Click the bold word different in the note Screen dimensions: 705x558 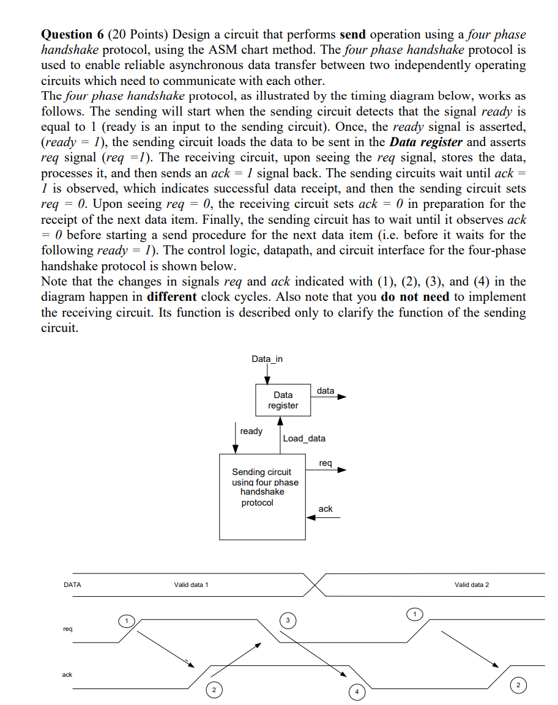point(172,297)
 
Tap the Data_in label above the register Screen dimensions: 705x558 point(267,359)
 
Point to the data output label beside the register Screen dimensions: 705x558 point(325,391)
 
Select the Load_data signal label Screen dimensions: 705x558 point(304,438)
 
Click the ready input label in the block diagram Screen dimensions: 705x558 point(251,431)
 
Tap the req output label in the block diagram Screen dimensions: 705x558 point(325,463)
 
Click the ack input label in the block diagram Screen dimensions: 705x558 point(325,509)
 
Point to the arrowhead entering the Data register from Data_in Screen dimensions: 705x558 point(267,381)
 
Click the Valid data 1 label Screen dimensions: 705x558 point(191,585)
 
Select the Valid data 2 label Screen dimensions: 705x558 point(472,585)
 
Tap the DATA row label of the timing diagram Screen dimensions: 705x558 point(72,585)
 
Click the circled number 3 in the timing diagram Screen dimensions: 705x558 point(286,621)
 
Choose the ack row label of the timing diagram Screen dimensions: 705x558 point(67,674)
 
